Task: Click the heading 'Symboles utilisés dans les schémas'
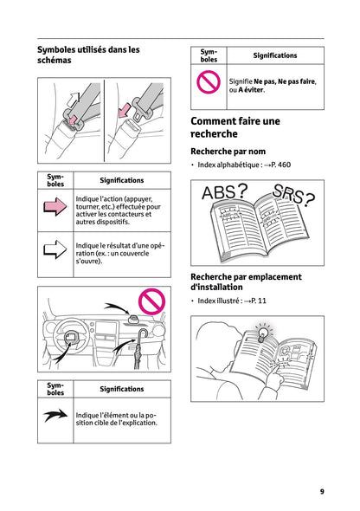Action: tap(88, 55)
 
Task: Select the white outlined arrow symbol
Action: tap(55, 250)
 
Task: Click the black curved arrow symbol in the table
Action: tap(55, 415)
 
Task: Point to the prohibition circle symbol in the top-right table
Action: tap(209, 83)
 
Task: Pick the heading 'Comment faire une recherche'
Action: tap(235, 128)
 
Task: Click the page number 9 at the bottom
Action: tap(322, 491)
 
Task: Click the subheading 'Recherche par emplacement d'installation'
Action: tap(246, 281)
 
